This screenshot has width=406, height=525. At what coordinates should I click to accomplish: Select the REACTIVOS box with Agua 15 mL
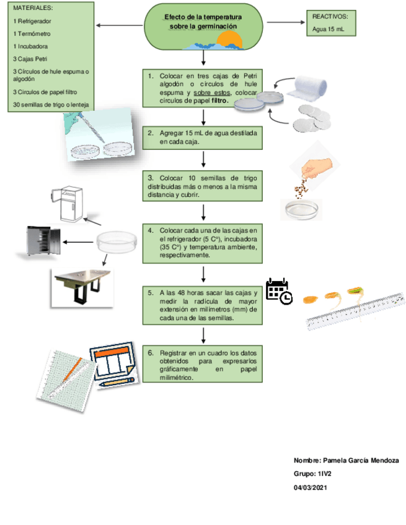(x=333, y=24)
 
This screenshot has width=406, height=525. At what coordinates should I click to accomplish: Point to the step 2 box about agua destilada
(x=203, y=137)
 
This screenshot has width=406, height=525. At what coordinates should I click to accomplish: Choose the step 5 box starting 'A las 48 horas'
(x=203, y=304)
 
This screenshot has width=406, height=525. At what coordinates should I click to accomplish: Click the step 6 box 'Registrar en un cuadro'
(x=203, y=365)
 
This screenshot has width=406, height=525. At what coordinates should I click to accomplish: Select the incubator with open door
(x=43, y=241)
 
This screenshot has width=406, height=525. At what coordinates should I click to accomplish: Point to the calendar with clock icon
(x=278, y=291)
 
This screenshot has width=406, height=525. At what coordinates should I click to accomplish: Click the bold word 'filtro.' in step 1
(x=220, y=100)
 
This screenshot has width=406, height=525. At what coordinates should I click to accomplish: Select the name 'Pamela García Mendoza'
(x=360, y=461)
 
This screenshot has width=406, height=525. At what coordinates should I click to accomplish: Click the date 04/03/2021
(x=311, y=488)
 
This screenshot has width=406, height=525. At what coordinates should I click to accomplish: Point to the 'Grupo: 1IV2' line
(x=313, y=474)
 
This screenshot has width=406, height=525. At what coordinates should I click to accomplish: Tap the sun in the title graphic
(x=232, y=41)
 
